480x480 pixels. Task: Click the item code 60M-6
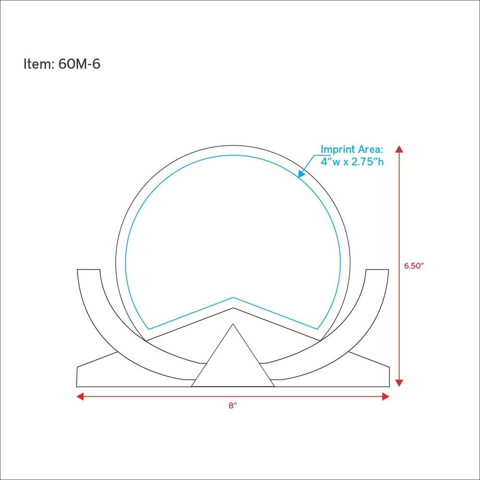[79, 64]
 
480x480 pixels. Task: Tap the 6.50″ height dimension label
[414, 266]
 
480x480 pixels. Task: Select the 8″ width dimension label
[233, 406]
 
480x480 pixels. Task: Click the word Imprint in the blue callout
[338, 149]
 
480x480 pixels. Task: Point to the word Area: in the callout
[371, 149]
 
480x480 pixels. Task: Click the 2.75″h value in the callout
[367, 161]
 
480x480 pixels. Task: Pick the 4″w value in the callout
[330, 161]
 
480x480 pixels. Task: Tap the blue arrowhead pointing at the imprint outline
[301, 174]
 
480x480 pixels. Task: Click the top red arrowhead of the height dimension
[399, 149]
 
